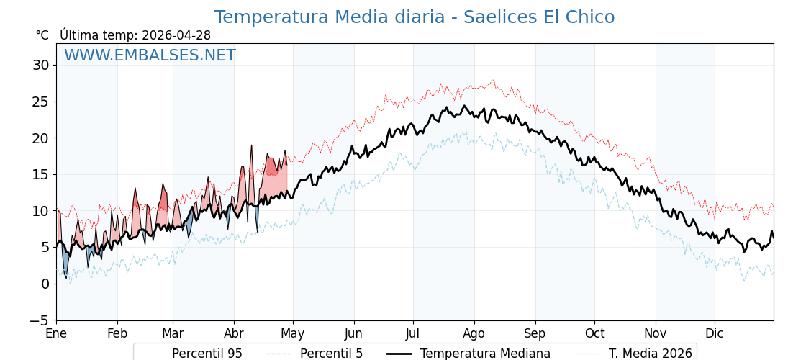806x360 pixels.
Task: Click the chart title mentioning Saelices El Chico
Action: coord(415,17)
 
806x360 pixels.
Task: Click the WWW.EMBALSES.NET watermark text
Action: coord(150,55)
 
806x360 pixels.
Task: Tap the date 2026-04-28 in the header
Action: coord(176,35)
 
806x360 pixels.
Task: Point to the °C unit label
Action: coord(42,35)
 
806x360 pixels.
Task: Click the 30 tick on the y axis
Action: coord(40,66)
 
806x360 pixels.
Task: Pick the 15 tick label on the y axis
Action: coord(40,174)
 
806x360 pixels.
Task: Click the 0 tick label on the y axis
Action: coord(45,284)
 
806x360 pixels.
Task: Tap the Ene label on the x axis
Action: coord(56,333)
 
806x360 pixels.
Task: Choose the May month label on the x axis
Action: coord(293,333)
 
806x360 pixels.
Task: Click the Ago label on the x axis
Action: coord(474,333)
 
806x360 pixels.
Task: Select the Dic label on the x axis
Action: coord(715,333)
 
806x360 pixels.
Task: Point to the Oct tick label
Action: coord(594,333)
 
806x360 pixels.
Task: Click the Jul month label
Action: coord(413,333)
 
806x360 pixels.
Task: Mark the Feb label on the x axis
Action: coord(117,333)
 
